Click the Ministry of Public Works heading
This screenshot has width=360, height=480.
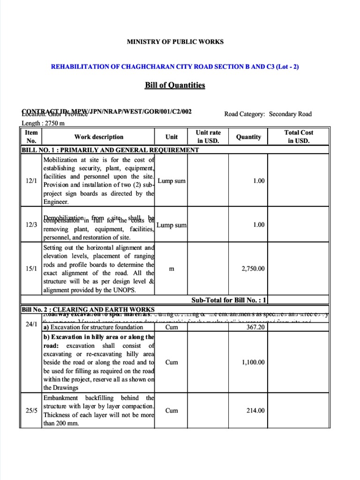175,42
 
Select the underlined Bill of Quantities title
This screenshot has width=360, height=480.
175,85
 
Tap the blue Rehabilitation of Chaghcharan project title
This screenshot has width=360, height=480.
175,67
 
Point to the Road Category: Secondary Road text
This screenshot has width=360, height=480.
268,114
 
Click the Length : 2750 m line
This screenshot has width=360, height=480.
43,123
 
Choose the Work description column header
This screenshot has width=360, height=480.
98,137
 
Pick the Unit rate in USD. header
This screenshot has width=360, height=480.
208,137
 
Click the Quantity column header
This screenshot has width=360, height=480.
248,137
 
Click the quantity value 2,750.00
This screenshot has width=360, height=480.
253,269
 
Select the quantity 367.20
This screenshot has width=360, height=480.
255,327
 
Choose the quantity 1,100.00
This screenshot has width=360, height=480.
253,362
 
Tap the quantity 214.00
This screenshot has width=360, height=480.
255,411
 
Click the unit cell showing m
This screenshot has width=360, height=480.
172,269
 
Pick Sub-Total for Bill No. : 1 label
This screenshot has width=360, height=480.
229,300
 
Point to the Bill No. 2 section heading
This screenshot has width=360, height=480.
88,309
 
